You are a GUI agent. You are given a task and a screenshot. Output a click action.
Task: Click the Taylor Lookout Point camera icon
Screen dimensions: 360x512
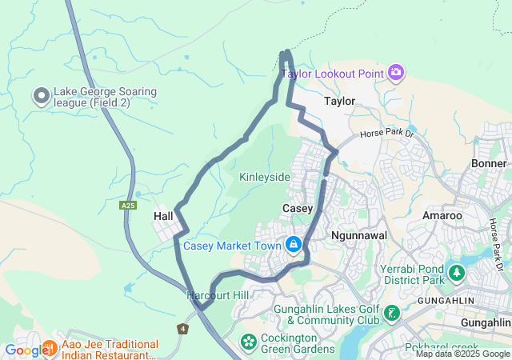[396, 74]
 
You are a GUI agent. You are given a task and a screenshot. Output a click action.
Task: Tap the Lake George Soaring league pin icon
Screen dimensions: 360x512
[42, 97]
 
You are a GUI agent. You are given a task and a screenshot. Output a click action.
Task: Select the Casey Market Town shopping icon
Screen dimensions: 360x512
[294, 244]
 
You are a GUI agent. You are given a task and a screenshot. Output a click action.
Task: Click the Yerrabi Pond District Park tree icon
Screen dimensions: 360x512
[456, 274]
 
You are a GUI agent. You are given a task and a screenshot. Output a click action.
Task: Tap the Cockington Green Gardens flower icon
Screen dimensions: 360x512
[248, 342]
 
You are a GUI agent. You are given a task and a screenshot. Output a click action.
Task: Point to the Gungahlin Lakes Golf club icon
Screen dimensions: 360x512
[391, 314]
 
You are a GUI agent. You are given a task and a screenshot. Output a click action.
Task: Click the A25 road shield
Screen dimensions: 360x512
[128, 206]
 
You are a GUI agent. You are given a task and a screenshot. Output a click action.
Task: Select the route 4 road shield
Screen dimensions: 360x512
[182, 329]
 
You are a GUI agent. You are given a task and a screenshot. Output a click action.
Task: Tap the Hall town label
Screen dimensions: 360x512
[163, 216]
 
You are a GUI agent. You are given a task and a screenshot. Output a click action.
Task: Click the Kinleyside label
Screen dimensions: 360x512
[264, 176]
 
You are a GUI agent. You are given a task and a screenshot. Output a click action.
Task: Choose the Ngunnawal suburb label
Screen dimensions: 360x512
[359, 235]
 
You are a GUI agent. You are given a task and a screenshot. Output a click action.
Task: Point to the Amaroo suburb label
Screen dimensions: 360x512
[442, 216]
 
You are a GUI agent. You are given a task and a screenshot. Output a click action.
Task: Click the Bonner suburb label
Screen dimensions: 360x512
[489, 163]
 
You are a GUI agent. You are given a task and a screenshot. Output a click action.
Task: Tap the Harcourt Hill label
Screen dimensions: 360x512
[218, 295]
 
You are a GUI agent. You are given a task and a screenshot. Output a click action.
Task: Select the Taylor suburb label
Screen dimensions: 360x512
[339, 102]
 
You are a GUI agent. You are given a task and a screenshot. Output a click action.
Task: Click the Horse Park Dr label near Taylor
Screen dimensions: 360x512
[386, 135]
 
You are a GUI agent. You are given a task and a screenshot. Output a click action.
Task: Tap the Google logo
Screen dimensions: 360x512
[26, 350]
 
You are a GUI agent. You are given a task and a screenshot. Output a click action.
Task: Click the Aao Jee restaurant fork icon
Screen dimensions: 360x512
[50, 347]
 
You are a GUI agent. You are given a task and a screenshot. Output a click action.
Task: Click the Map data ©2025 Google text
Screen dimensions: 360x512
[462, 354]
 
